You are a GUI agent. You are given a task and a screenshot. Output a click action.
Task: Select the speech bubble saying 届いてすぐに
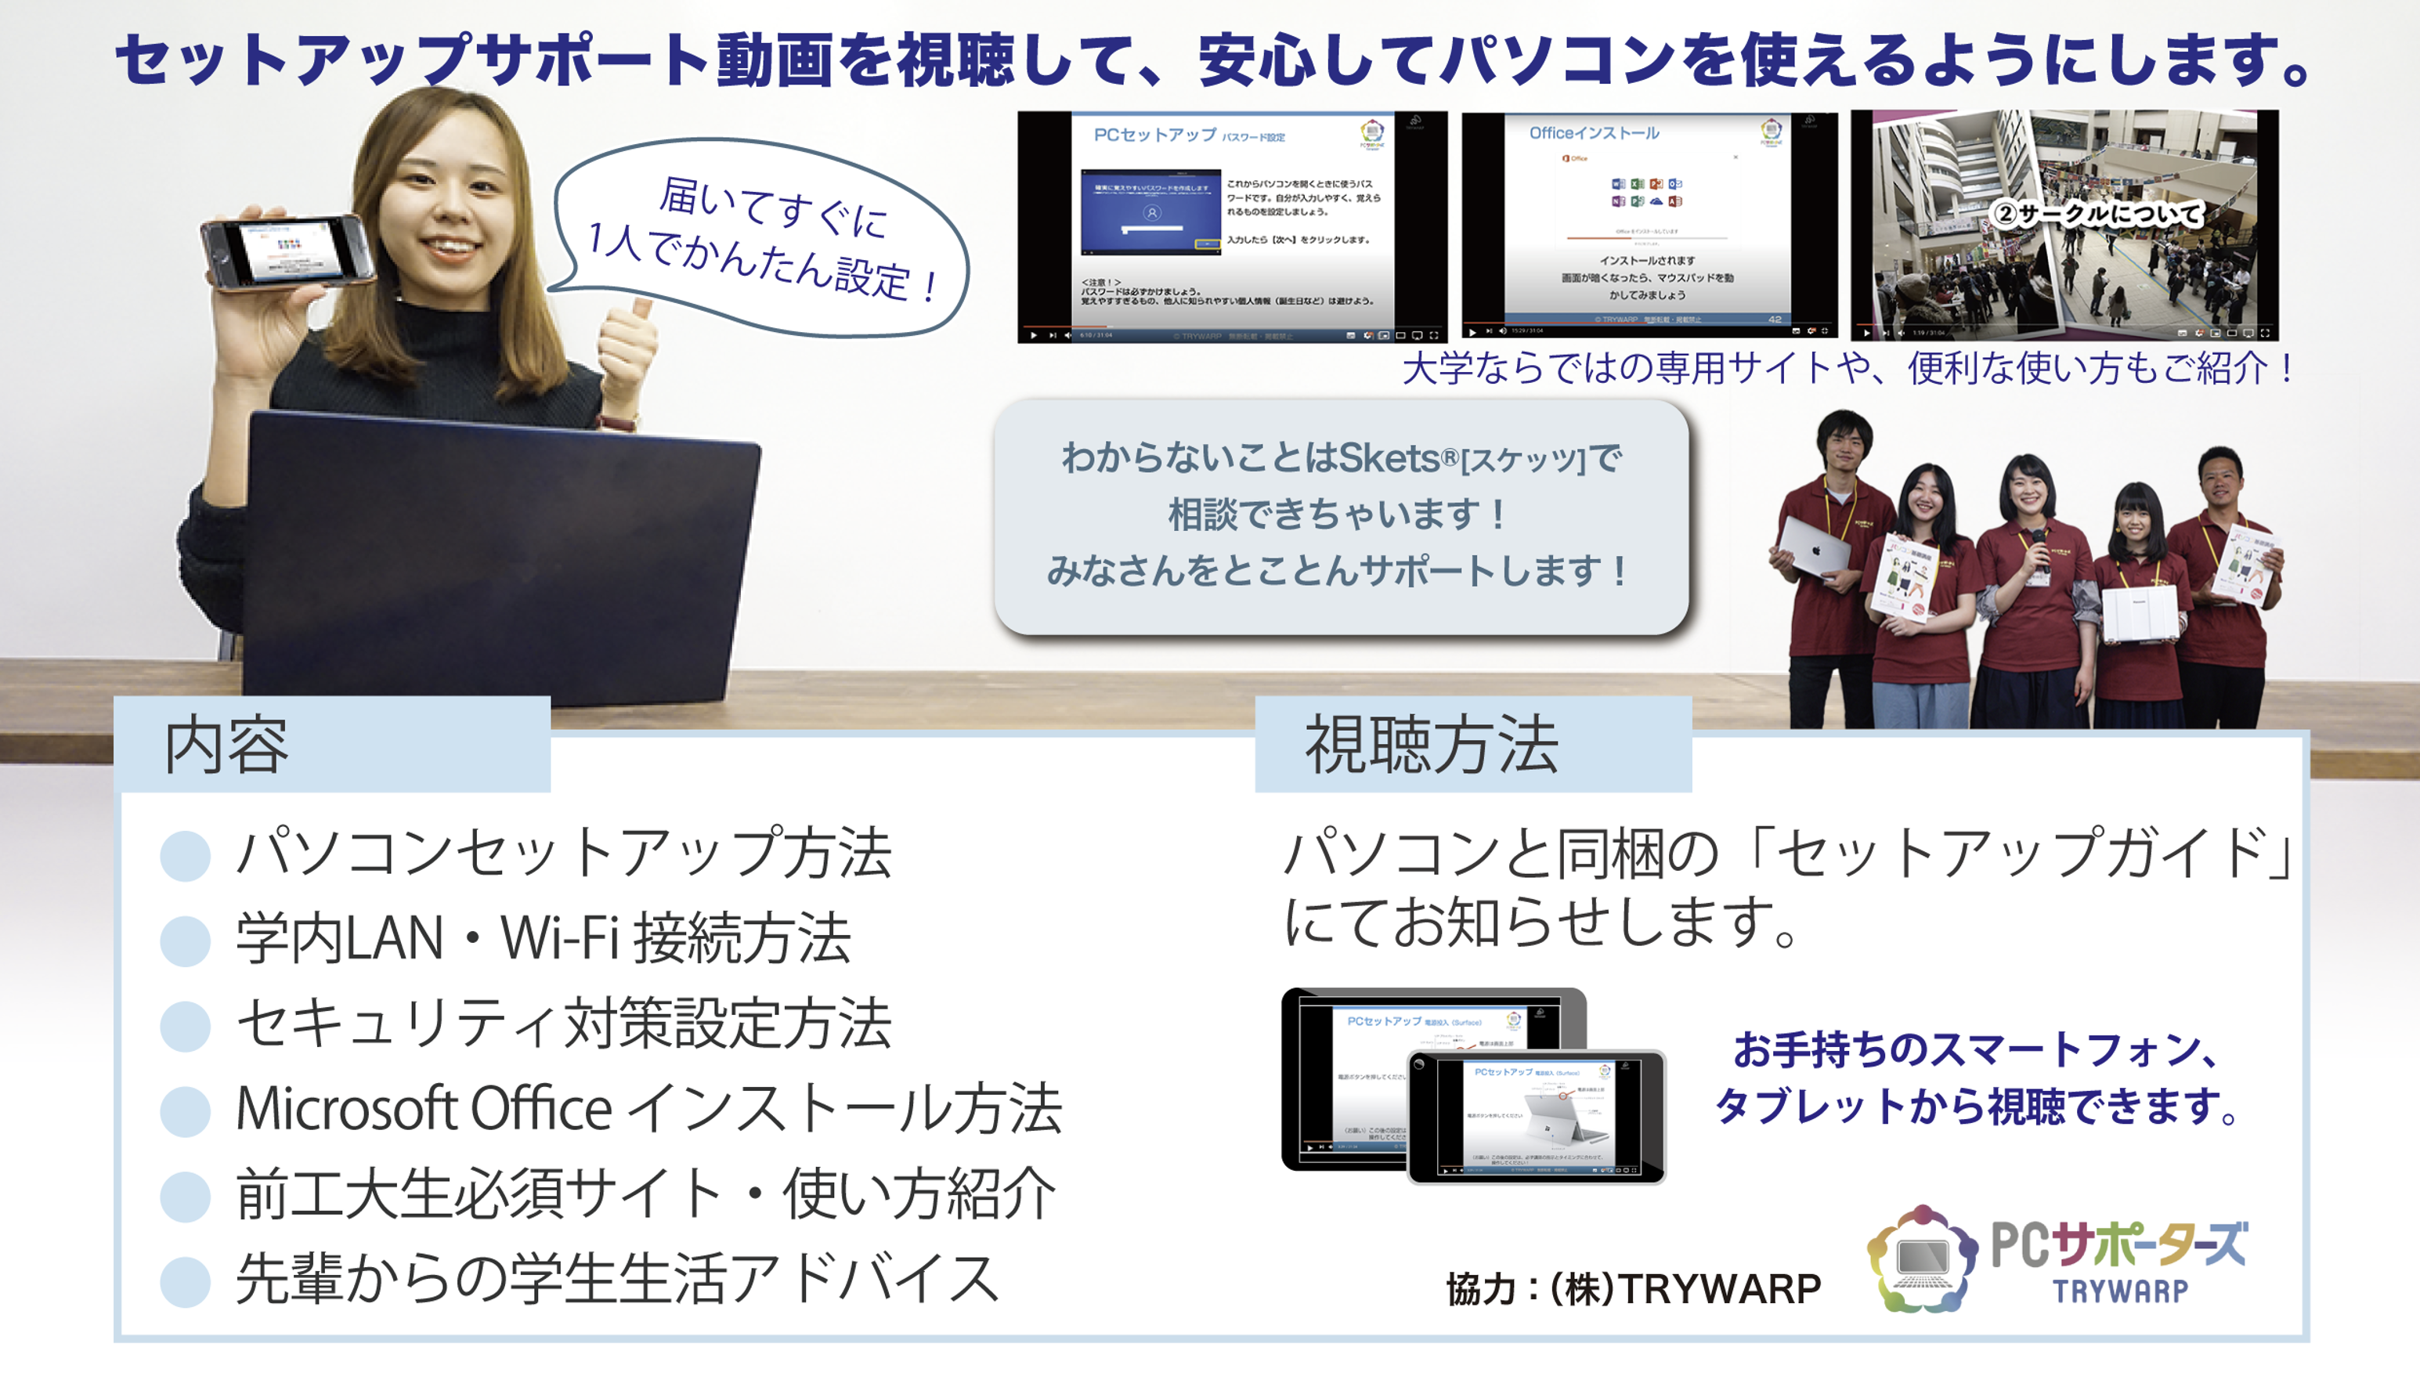tap(760, 237)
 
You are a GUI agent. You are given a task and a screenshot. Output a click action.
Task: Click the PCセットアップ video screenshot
tap(1232, 226)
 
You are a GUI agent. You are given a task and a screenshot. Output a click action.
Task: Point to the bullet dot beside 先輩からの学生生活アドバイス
tap(185, 1281)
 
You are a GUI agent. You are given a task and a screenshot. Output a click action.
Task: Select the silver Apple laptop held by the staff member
tap(1812, 549)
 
